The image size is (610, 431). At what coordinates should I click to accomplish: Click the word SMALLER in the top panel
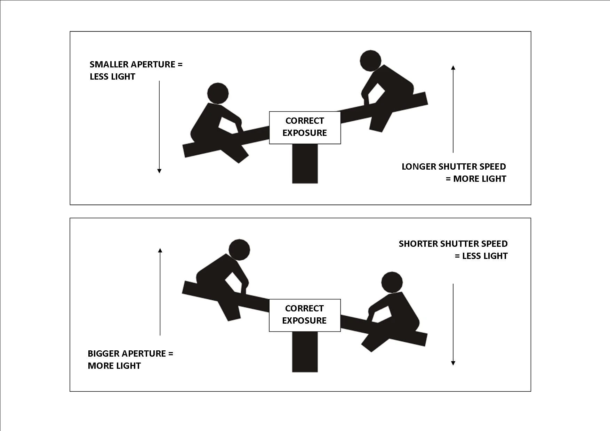coord(105,64)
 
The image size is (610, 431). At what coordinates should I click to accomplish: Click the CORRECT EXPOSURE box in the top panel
coord(305,127)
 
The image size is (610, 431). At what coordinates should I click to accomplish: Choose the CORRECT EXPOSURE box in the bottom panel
coord(305,315)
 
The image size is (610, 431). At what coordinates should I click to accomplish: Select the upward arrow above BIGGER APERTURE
coord(160,292)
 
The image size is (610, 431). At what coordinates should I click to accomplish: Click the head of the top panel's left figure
coord(218,93)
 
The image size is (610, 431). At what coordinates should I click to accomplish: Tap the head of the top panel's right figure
coord(370,60)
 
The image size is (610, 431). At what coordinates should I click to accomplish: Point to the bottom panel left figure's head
coord(239,250)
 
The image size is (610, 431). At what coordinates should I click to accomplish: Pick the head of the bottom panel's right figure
coord(392,282)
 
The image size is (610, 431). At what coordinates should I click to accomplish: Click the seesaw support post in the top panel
coord(305,163)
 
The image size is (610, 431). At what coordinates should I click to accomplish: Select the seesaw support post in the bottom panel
coord(305,352)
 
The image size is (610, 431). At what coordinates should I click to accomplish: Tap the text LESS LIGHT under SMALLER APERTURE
coord(112,77)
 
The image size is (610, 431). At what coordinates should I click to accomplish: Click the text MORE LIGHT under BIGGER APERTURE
coord(114,366)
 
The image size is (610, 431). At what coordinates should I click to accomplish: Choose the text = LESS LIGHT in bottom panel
coord(481,256)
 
